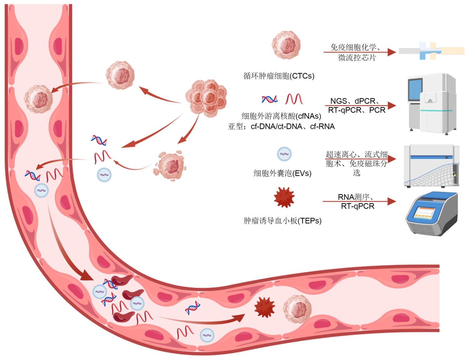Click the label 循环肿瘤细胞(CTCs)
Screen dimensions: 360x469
click(x=279, y=76)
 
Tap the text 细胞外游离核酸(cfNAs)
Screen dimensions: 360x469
click(x=281, y=116)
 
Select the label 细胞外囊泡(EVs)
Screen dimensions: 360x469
click(x=282, y=173)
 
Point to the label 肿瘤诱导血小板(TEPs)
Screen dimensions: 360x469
click(x=282, y=221)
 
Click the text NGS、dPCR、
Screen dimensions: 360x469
click(x=355, y=101)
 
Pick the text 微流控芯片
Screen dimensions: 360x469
click(x=357, y=57)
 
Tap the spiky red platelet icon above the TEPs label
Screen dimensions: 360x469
click(x=284, y=197)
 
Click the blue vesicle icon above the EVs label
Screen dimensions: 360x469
click(x=284, y=154)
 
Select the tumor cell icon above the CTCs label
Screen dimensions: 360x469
click(x=286, y=45)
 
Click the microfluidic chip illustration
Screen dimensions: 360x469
click(x=431, y=51)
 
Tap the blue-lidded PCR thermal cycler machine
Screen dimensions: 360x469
click(x=431, y=213)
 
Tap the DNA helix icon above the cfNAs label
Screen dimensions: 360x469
click(x=269, y=99)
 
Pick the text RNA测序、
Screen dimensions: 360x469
click(x=356, y=197)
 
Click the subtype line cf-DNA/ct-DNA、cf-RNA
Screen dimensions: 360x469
click(x=281, y=127)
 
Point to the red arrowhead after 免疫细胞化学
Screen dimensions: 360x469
click(x=391, y=52)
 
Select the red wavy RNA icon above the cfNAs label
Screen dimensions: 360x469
click(x=294, y=99)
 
